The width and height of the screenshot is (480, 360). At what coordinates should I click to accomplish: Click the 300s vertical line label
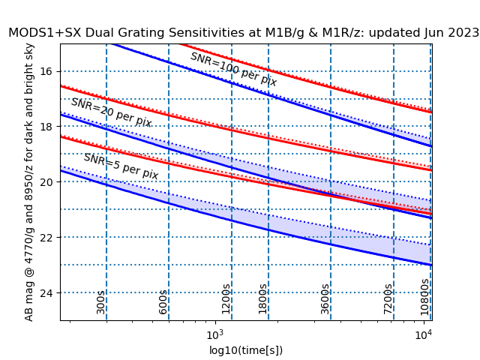(100, 301)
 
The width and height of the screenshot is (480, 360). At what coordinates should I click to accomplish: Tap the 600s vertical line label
(163, 301)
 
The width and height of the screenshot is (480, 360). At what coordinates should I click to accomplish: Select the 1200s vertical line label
(226, 298)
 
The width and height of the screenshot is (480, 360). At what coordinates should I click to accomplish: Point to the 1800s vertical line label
(262, 298)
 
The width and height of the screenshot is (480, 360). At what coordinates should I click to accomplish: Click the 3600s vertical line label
(325, 298)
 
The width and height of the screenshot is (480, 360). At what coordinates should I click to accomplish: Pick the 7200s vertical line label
(388, 298)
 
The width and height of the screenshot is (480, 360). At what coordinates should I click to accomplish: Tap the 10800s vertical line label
(424, 295)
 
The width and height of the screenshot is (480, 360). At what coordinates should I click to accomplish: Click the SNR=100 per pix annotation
(233, 69)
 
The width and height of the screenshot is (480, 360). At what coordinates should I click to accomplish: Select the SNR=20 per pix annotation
(111, 112)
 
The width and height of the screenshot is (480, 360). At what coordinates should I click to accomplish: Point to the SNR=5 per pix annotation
(121, 166)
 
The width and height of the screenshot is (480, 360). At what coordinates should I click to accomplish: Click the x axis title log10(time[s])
(246, 350)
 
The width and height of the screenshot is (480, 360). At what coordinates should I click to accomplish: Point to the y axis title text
(29, 182)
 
